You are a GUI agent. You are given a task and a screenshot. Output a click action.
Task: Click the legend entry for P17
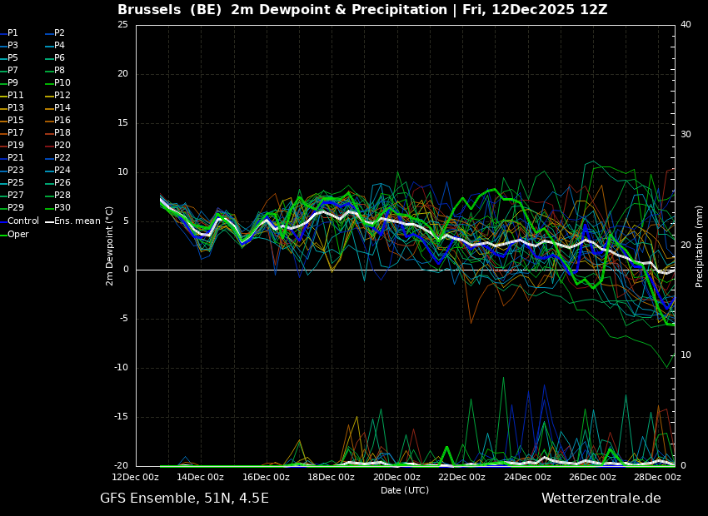[x=16, y=133]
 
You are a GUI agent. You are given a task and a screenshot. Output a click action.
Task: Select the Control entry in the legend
[x=23, y=221]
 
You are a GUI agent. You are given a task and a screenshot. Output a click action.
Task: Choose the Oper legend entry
[x=18, y=234]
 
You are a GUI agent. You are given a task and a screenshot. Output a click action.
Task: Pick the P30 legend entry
[x=62, y=208]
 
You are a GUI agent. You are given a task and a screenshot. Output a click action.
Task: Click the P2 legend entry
[x=59, y=33]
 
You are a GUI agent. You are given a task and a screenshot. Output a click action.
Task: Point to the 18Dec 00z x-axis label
[x=331, y=478]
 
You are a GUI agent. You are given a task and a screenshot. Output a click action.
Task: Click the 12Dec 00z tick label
[x=135, y=478]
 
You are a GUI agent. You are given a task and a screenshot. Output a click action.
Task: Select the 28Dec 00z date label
[x=657, y=478]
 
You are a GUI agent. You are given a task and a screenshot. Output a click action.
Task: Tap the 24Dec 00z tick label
[x=527, y=478]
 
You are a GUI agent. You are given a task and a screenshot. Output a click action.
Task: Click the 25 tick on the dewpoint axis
[x=122, y=25]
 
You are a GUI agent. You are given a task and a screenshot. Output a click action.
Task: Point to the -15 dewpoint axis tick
[x=121, y=417]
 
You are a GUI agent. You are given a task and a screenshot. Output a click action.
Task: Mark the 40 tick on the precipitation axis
[x=686, y=25]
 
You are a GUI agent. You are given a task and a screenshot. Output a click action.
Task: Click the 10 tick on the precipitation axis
[x=686, y=355]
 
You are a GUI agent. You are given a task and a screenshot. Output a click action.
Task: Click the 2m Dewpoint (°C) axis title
[x=110, y=246]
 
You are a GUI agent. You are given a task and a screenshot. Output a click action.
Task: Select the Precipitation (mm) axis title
[x=700, y=246]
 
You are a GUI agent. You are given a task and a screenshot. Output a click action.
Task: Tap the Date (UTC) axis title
[x=405, y=490]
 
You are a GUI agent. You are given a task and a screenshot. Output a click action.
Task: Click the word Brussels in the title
[x=149, y=10]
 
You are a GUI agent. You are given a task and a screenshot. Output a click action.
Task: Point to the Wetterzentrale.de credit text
[x=601, y=499]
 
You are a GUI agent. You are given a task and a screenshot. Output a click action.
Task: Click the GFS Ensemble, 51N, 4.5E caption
[x=184, y=499]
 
